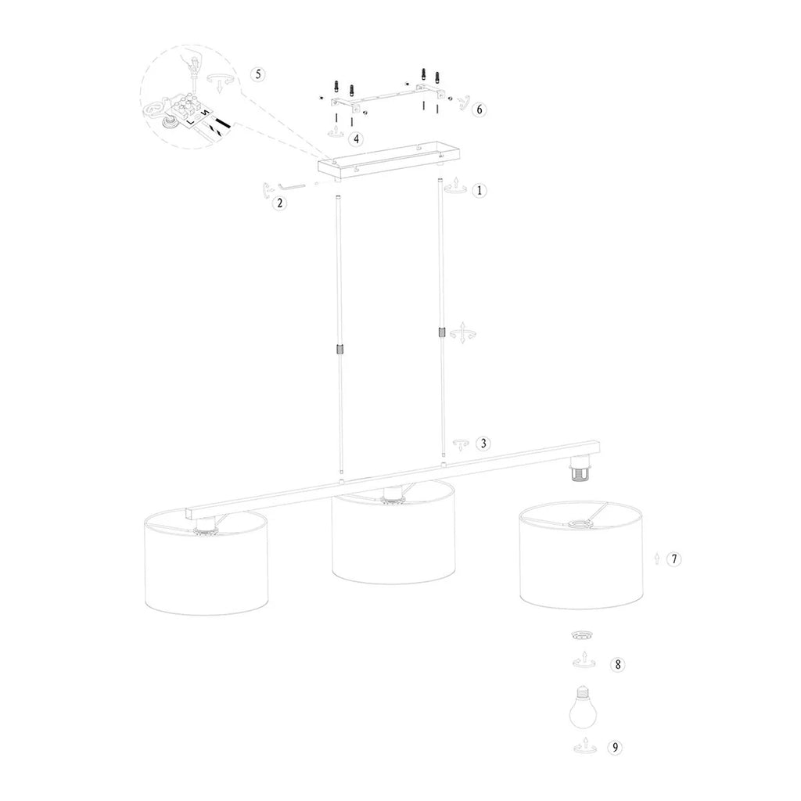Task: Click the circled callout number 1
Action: coord(480,190)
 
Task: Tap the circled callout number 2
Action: coord(279,204)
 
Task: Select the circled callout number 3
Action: coord(484,444)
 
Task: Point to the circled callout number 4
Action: coord(357,138)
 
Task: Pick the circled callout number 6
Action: coord(479,110)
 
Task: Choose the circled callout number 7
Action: coord(674,559)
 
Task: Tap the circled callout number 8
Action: coord(617,665)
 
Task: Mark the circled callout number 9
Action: coord(617,748)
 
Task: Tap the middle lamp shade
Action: coord(393,540)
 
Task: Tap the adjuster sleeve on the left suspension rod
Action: coord(339,350)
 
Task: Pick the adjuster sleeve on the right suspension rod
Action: coord(442,333)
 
